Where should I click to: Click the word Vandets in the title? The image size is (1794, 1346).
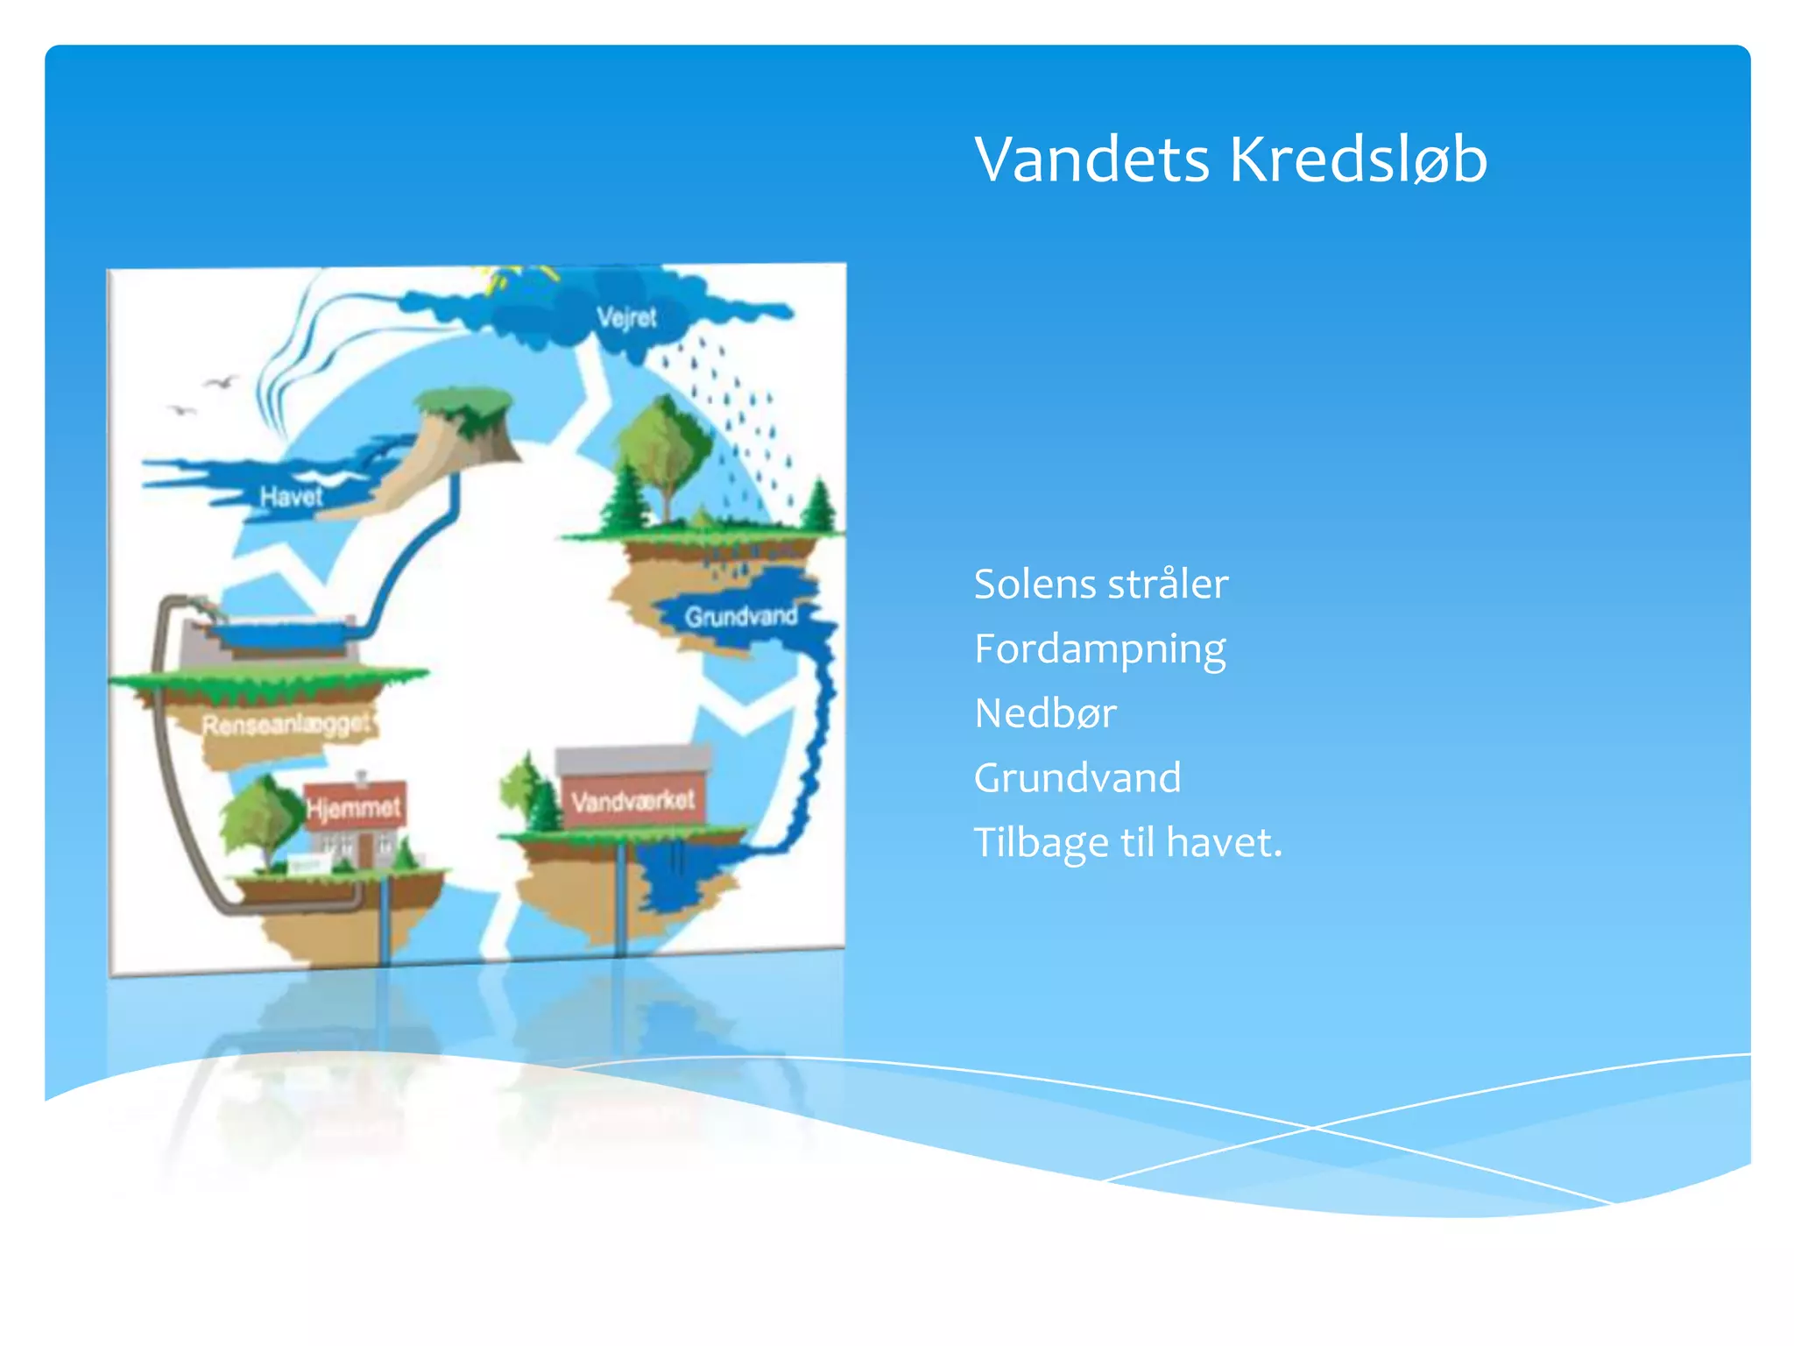click(1091, 159)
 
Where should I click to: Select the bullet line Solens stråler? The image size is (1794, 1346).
click(1101, 584)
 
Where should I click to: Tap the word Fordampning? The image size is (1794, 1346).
click(1100, 650)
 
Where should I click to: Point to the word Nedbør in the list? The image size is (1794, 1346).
click(1045, 713)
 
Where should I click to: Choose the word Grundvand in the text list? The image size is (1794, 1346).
click(1077, 778)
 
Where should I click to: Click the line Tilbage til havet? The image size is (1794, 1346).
click(1127, 843)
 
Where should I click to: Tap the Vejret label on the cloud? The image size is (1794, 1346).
click(626, 317)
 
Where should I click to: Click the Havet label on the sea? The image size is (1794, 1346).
click(291, 497)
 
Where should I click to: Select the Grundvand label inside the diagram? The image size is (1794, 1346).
click(741, 617)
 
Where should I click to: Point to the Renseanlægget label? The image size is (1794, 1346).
click(286, 725)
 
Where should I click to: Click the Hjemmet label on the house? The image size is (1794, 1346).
click(354, 807)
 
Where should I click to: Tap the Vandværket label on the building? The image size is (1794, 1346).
click(632, 800)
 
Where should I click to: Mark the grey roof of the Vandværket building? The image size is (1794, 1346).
click(632, 759)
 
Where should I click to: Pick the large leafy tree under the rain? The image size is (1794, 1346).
click(664, 447)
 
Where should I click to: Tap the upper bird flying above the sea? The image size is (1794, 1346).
click(221, 382)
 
